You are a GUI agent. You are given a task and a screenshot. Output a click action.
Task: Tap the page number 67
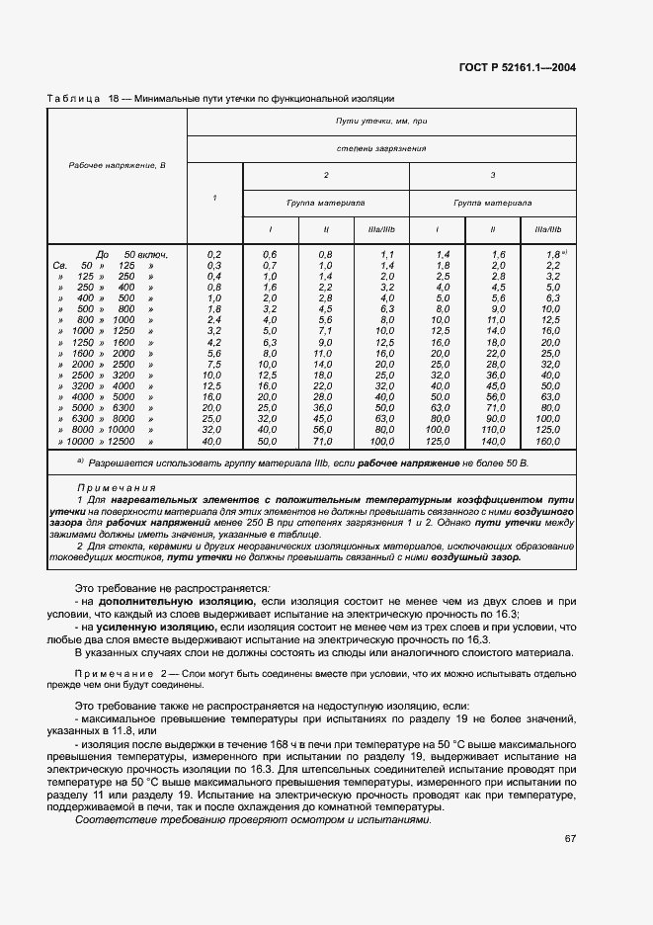pyautogui.click(x=570, y=839)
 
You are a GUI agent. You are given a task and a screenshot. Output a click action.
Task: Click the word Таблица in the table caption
pyautogui.click(x=72, y=99)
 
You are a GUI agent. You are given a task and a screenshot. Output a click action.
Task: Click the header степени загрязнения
pyautogui.click(x=380, y=148)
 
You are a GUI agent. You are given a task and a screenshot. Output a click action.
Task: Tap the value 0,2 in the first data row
pyautogui.click(x=214, y=255)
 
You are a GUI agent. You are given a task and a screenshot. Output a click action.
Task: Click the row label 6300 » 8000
pyautogui.click(x=109, y=418)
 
